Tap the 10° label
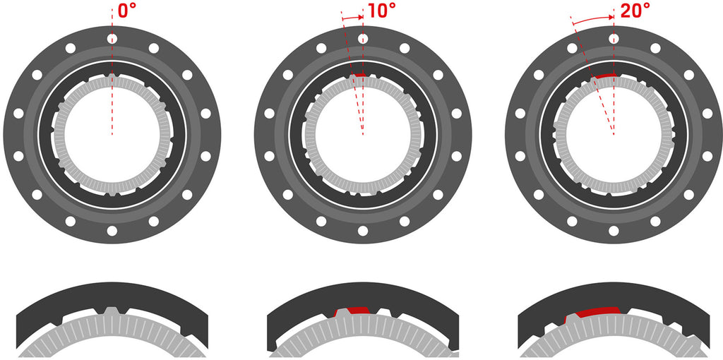(x=379, y=11)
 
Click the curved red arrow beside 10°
(x=352, y=17)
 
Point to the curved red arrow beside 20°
(x=592, y=18)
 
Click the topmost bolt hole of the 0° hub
(x=112, y=39)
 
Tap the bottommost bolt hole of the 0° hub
(x=112, y=231)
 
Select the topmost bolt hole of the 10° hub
(x=363, y=39)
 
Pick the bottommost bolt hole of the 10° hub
(x=363, y=231)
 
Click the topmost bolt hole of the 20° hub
(x=614, y=39)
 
